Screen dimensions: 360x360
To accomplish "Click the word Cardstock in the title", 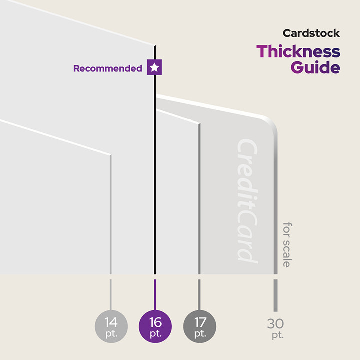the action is [311, 34].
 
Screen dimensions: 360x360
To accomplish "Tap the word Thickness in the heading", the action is [298, 51].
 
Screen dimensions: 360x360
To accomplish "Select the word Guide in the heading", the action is [315, 67].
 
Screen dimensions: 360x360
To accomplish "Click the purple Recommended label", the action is [107, 69].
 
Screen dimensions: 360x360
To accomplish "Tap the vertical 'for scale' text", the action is [286, 244].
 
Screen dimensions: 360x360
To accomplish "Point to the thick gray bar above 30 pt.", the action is [275, 295].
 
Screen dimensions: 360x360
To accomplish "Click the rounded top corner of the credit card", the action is [270, 125].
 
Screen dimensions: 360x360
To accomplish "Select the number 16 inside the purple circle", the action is [155, 321].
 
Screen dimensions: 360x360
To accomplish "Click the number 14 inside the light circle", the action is [111, 321].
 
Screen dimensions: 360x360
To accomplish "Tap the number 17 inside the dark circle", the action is [200, 321].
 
